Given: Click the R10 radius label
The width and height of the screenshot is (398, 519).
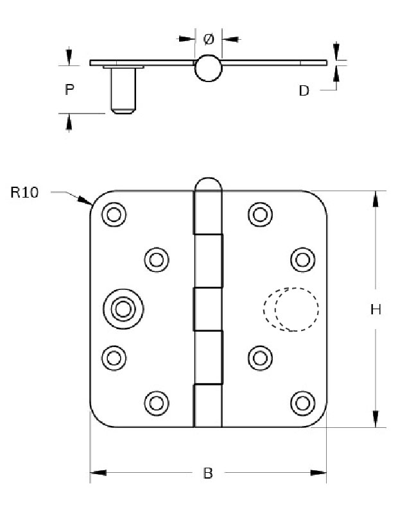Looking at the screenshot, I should coord(25,192).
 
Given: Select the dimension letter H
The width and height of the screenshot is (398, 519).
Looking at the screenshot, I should coord(377,310).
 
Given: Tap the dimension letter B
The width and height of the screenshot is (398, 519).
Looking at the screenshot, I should coord(207,473).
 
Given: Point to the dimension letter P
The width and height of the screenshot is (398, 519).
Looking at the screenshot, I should coord(69,90).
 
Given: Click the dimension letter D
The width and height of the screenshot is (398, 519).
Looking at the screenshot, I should coord(304,90).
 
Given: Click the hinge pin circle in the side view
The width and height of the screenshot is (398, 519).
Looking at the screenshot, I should coord(208,67).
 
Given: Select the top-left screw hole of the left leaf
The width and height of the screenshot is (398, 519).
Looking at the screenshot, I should coord(113,214).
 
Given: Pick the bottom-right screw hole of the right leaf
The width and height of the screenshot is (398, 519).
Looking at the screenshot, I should coord(302,402).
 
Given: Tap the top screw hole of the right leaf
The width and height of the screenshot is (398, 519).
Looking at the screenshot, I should coord(259,214).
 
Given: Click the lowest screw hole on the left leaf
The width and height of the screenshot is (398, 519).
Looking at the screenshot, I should coord(155,402).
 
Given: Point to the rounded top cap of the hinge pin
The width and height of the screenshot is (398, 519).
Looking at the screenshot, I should coord(208,183).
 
